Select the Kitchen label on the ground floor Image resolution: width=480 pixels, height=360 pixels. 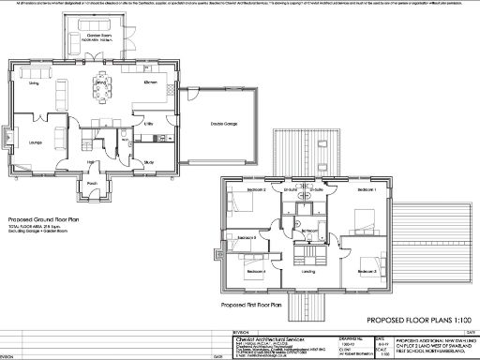point(151,83)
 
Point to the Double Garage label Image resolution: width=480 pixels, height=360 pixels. point(223,124)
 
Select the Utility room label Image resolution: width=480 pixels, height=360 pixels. point(148,123)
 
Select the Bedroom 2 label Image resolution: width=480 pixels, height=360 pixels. point(258,190)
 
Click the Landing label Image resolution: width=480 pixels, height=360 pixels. point(308,272)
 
